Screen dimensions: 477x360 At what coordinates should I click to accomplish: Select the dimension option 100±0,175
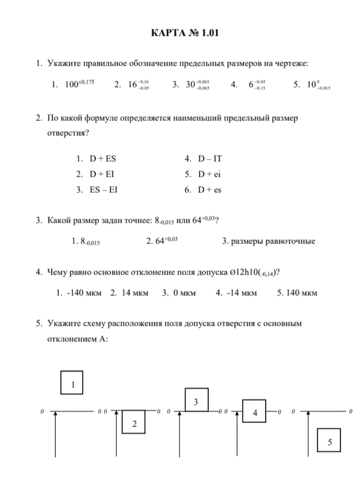click(x=79, y=84)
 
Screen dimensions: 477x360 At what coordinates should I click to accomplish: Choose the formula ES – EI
click(x=104, y=189)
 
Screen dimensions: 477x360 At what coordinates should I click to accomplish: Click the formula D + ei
click(x=211, y=174)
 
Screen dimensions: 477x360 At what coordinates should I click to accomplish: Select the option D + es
click(x=211, y=189)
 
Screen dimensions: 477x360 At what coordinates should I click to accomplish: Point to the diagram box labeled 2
click(x=135, y=424)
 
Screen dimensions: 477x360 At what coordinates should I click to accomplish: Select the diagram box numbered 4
click(x=255, y=412)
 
